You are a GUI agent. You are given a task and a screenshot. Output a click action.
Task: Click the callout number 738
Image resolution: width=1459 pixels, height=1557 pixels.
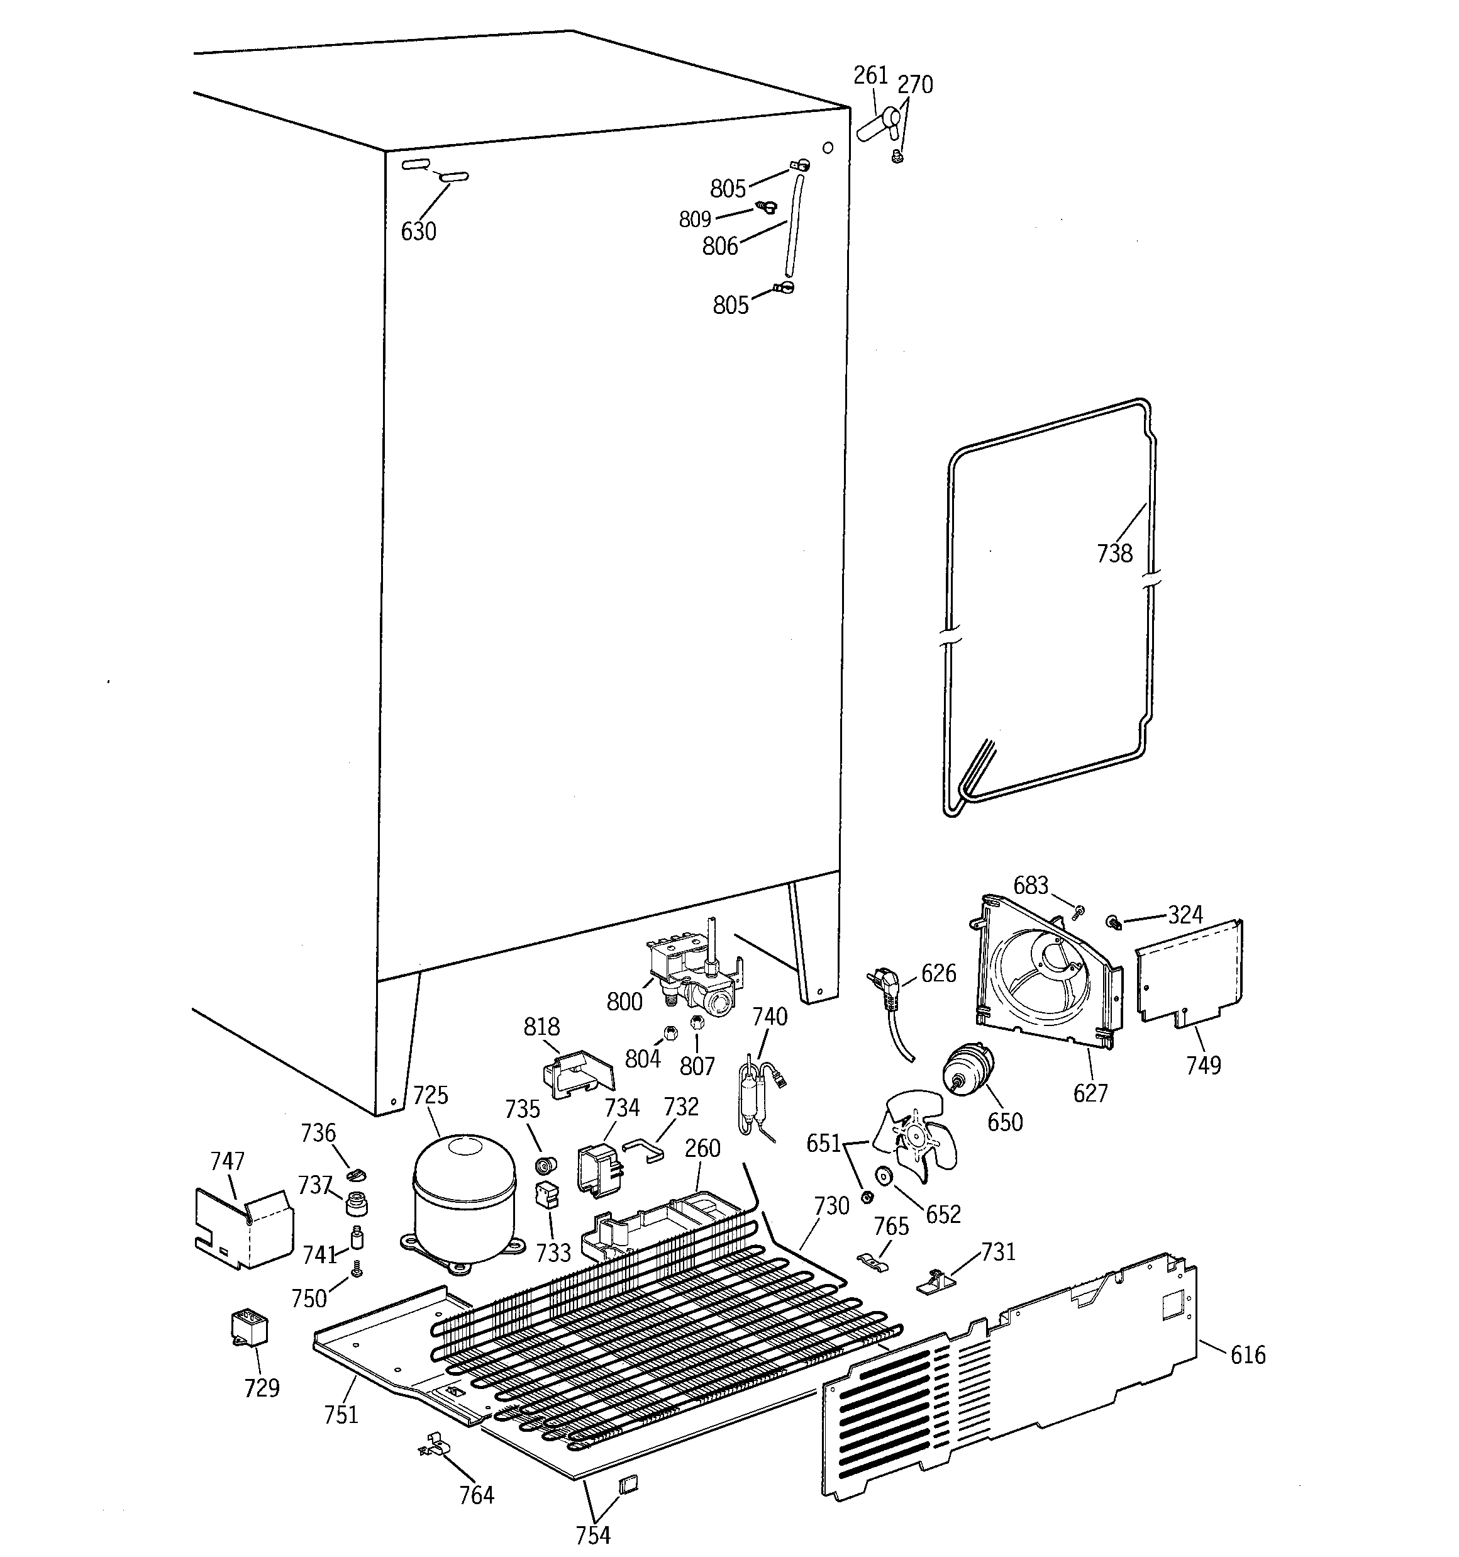tap(1114, 554)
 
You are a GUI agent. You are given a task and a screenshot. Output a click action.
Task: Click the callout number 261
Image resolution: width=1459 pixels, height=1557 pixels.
tap(870, 75)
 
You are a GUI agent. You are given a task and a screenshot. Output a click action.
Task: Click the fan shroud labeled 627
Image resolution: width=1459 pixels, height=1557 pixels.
tap(1045, 975)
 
